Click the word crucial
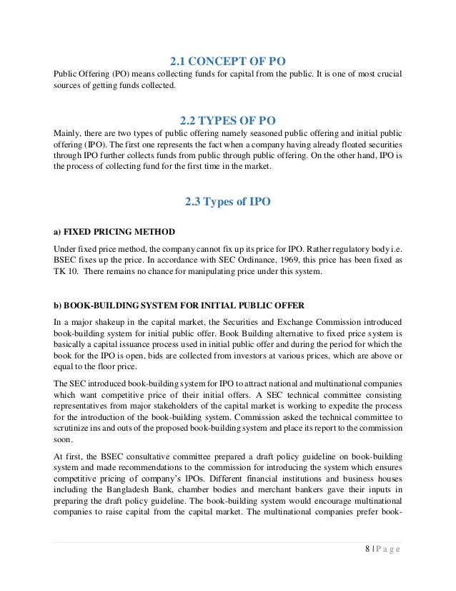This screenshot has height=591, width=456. (387, 74)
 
